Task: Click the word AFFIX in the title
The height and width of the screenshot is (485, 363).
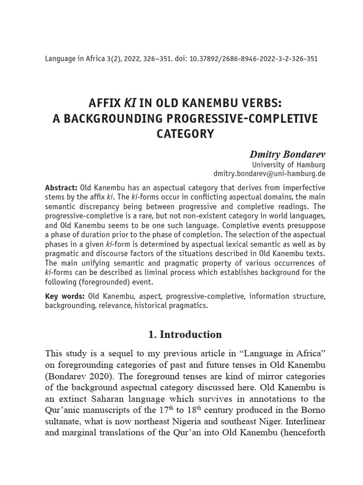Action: coord(104,103)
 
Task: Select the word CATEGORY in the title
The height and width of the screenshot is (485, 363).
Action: coord(185,134)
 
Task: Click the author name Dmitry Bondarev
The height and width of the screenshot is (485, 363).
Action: coord(287,154)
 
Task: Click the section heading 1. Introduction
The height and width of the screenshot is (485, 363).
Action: coord(185,334)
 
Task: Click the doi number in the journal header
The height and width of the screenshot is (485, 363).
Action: coord(253,59)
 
